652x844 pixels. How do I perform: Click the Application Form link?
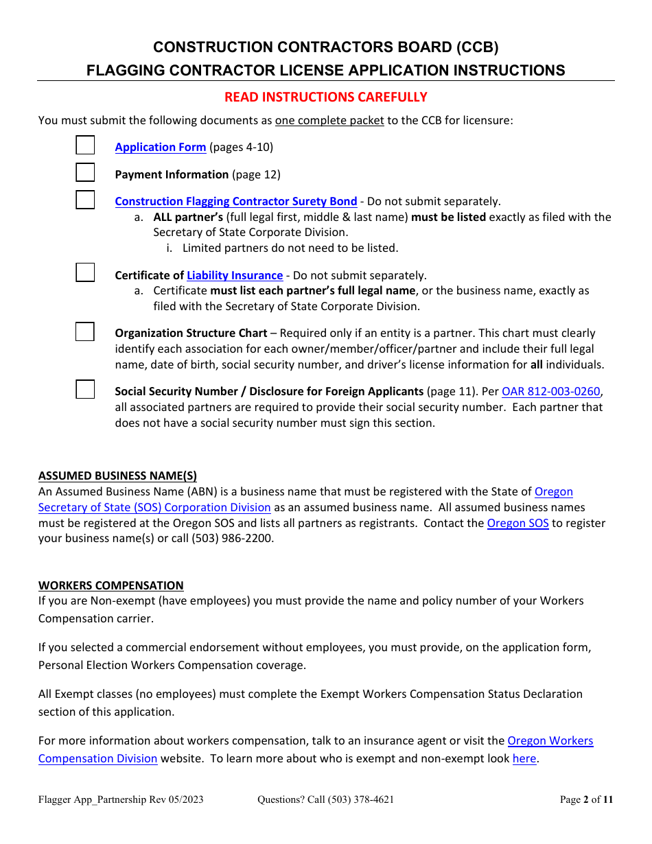click(160, 147)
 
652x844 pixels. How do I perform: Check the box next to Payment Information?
click(85, 172)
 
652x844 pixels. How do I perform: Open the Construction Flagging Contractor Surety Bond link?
click(235, 201)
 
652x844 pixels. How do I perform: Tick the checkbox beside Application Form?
click(85, 145)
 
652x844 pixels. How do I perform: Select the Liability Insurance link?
click(235, 275)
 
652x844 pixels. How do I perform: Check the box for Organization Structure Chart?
click(85, 331)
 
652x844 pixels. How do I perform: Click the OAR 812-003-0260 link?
click(551, 391)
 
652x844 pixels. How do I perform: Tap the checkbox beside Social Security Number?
click(85, 390)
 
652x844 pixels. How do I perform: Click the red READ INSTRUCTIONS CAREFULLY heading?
click(326, 97)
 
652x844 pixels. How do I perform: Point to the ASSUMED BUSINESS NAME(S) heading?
click(117, 476)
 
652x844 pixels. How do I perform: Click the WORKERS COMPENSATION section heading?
click(111, 585)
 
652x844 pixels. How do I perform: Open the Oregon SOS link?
click(517, 523)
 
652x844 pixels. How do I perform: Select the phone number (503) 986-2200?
click(232, 539)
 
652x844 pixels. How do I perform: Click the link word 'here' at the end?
click(524, 758)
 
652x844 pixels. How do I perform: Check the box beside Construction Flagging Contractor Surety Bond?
click(85, 200)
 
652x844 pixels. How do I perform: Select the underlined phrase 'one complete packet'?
click(329, 120)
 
